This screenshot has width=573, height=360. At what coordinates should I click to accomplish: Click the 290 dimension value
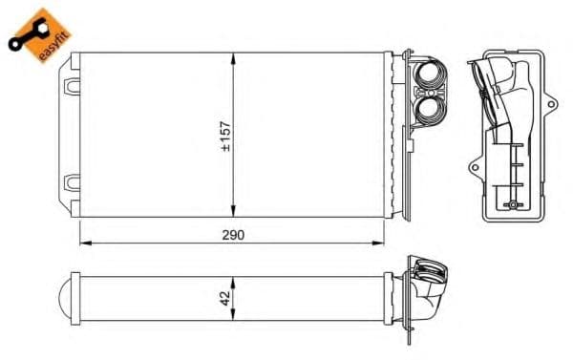click(232, 235)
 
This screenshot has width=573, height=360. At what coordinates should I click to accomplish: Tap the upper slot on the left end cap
click(72, 86)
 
